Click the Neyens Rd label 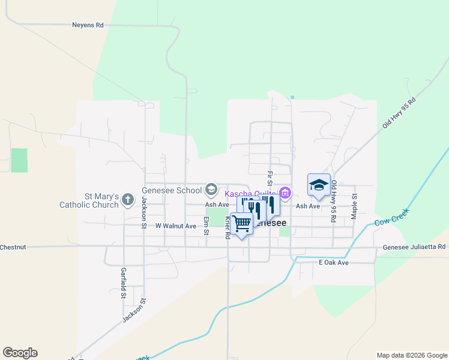[88, 25]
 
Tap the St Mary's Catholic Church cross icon [127, 199]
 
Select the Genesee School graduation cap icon [211, 190]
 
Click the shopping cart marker [241, 224]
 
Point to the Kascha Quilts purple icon [285, 193]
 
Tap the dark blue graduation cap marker [319, 185]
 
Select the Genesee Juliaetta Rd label [414, 247]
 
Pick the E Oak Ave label [334, 263]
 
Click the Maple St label [355, 205]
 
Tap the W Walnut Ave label [176, 226]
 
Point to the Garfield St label [122, 283]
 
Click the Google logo [20, 353]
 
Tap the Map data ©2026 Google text [412, 355]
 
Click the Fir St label [269, 178]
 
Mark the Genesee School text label [172, 191]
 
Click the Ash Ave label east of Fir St [308, 206]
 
